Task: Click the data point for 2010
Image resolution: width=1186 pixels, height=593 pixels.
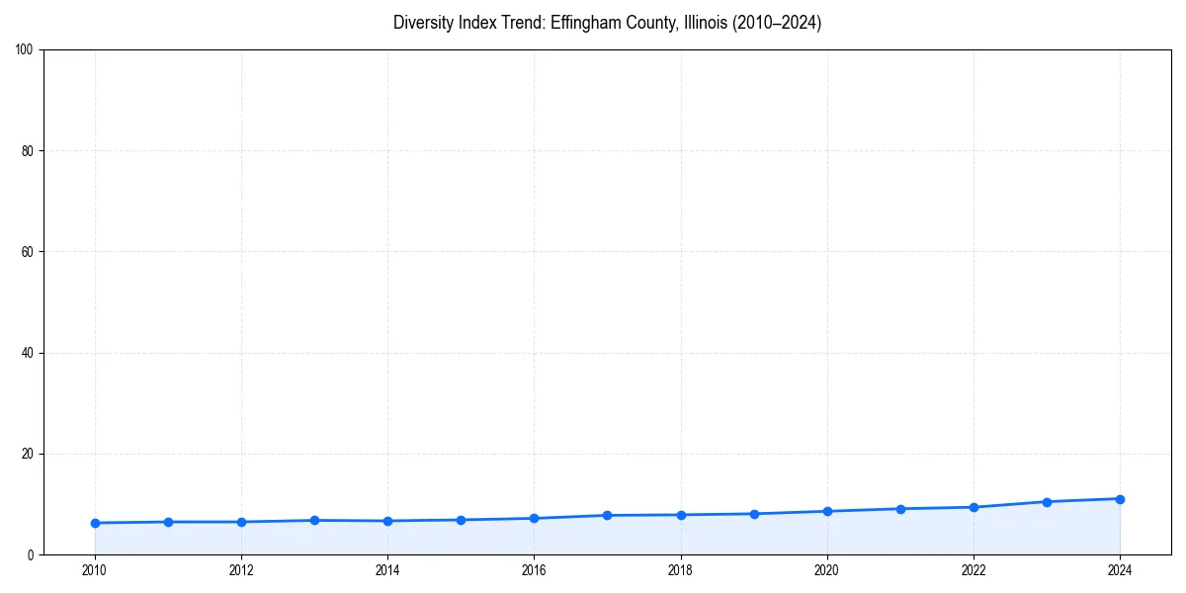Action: pos(95,523)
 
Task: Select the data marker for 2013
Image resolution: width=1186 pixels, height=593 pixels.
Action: pos(314,520)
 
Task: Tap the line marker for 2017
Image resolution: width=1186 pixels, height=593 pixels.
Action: pos(607,515)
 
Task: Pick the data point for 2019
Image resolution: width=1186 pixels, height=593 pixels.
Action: pos(754,514)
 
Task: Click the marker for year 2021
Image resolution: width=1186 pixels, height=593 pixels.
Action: pos(900,509)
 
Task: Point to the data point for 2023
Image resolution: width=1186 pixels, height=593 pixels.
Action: pos(1047,502)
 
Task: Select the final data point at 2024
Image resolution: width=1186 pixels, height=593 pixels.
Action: pos(1120,499)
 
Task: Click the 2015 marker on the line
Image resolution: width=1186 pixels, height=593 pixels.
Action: pos(461,520)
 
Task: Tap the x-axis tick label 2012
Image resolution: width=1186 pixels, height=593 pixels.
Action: pos(241,570)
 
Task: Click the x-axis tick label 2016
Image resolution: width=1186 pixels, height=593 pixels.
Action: pos(534,570)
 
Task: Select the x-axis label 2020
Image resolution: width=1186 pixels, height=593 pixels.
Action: pos(827,570)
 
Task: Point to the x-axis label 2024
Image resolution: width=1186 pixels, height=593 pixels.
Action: pos(1120,570)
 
